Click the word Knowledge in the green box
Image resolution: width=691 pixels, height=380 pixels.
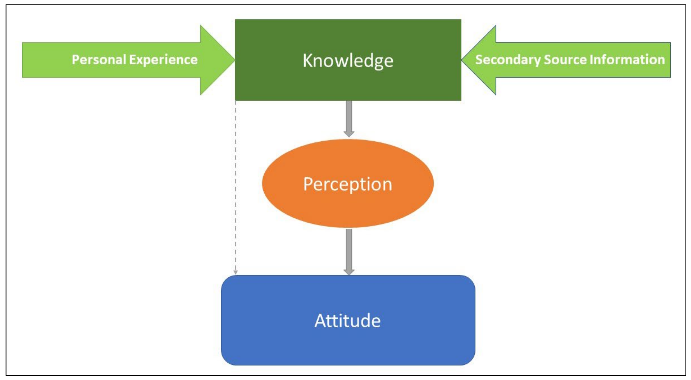(x=348, y=61)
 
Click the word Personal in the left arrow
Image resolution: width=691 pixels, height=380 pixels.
(x=99, y=60)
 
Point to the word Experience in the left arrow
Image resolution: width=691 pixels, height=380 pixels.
(x=163, y=60)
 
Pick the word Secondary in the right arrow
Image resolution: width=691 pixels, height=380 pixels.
(x=508, y=60)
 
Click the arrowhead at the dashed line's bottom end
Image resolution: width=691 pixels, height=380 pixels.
(x=235, y=272)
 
